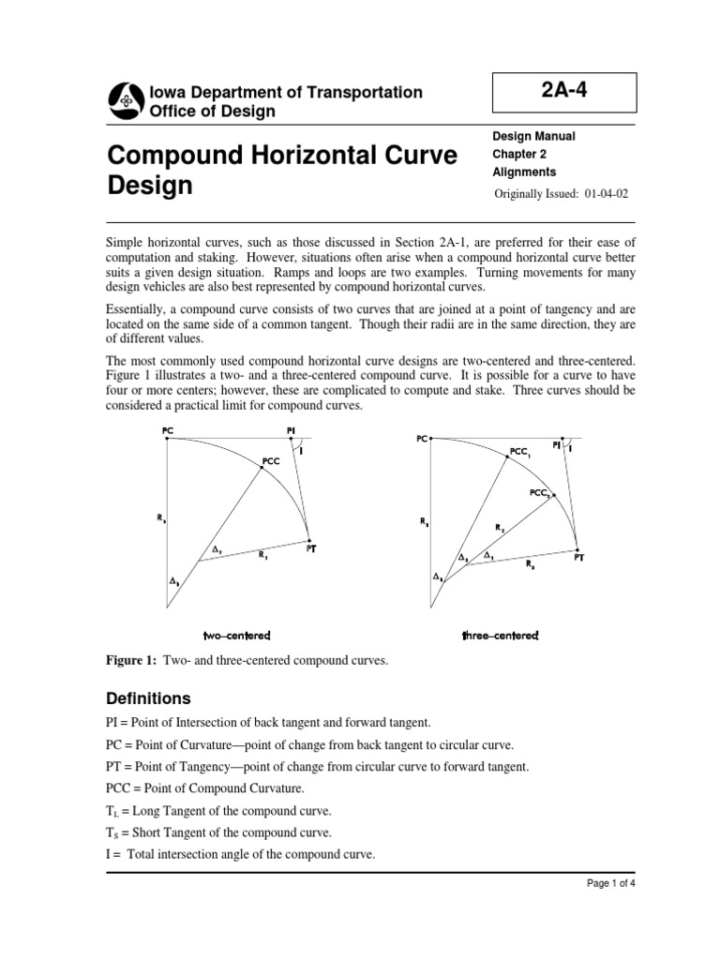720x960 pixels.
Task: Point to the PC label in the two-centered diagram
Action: [167, 430]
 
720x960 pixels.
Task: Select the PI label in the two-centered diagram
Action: [291, 430]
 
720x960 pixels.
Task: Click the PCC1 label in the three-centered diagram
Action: [521, 452]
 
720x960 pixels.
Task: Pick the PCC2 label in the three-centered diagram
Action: [540, 491]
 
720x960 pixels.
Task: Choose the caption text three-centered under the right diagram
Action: [500, 636]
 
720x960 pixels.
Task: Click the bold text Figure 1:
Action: [132, 661]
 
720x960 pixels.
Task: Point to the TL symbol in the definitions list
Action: [113, 811]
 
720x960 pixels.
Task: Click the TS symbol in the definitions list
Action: [113, 833]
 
